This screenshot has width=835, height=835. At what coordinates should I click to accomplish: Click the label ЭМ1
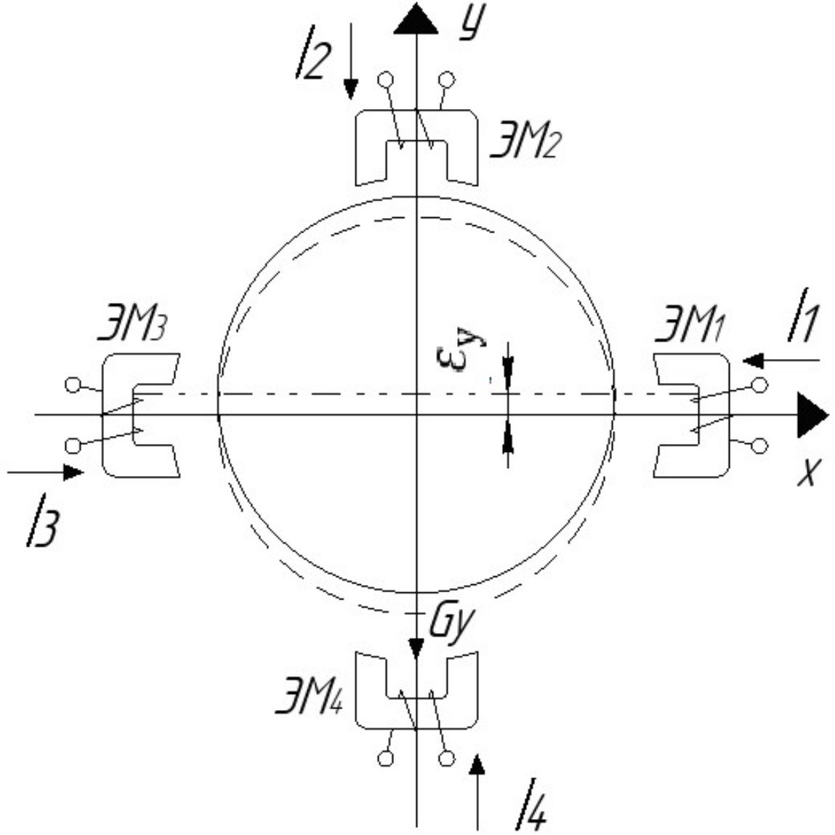(x=689, y=324)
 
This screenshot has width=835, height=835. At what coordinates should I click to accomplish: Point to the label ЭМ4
(x=308, y=694)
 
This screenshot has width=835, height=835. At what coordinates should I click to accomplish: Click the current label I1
(x=802, y=315)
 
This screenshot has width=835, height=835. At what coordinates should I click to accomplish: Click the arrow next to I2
(x=350, y=61)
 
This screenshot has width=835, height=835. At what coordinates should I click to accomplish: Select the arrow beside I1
(x=780, y=360)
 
